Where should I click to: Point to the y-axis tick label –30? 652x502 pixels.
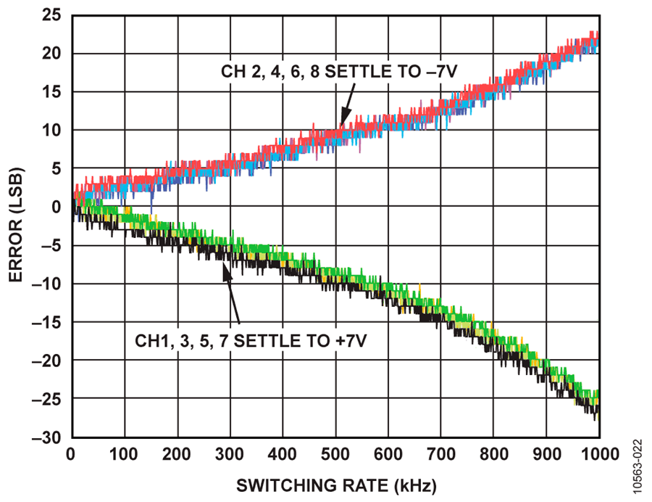coord(46,437)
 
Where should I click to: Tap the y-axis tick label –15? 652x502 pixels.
coord(46,322)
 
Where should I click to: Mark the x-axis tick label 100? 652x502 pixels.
coord(124,455)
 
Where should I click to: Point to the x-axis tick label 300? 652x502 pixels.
coord(230,455)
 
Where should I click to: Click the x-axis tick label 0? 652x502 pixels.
coord(72,455)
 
